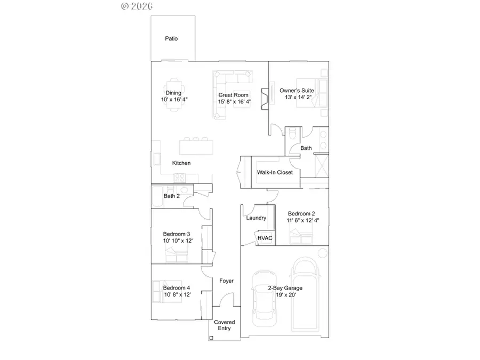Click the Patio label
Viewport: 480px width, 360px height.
pyautogui.click(x=171, y=38)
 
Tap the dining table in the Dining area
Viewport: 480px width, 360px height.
pyautogui.click(x=173, y=93)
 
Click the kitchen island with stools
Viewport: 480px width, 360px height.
pyautogui.click(x=197, y=146)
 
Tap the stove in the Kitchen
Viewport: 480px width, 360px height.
pyautogui.click(x=182, y=178)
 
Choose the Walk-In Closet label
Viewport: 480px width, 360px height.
pyautogui.click(x=275, y=172)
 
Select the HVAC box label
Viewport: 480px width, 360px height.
pyautogui.click(x=265, y=238)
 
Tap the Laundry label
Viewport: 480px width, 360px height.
pyautogui.click(x=256, y=218)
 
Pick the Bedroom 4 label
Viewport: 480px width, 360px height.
pyautogui.click(x=177, y=288)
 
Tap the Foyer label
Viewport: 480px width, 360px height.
pyautogui.click(x=227, y=281)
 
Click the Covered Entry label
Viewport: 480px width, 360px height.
pyautogui.click(x=225, y=325)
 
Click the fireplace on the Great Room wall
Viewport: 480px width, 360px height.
pyautogui.click(x=263, y=99)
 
